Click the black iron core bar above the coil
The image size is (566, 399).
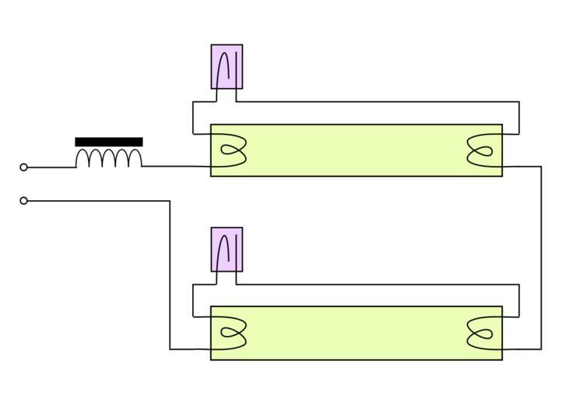(109, 142)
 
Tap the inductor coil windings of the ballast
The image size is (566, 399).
(109, 158)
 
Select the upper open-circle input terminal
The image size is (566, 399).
(23, 167)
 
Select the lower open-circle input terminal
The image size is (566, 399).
(23, 201)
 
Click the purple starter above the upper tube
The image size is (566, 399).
(227, 66)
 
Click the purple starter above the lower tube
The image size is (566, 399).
(227, 249)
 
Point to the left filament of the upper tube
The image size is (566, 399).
(231, 150)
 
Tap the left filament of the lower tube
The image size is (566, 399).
(231, 334)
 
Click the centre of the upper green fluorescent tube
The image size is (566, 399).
(357, 150)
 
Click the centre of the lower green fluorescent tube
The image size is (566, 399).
(357, 334)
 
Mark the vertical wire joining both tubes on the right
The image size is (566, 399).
(541, 257)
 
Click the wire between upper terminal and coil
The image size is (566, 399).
(51, 167)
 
